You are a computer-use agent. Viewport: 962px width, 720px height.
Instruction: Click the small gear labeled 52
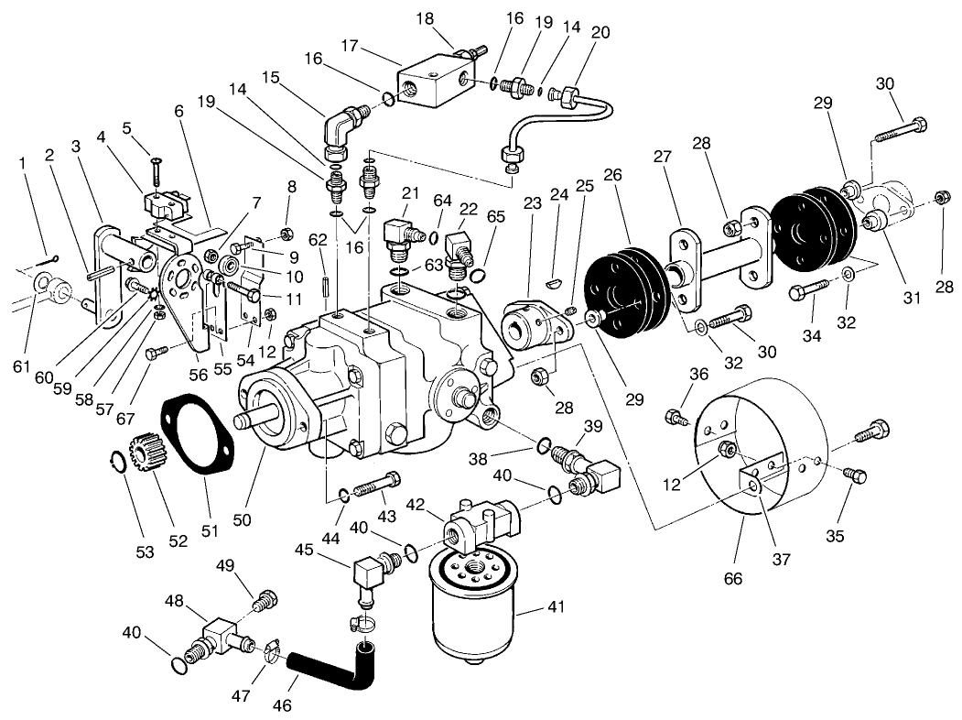point(147,452)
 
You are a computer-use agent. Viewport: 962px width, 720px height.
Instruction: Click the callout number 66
point(733,578)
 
